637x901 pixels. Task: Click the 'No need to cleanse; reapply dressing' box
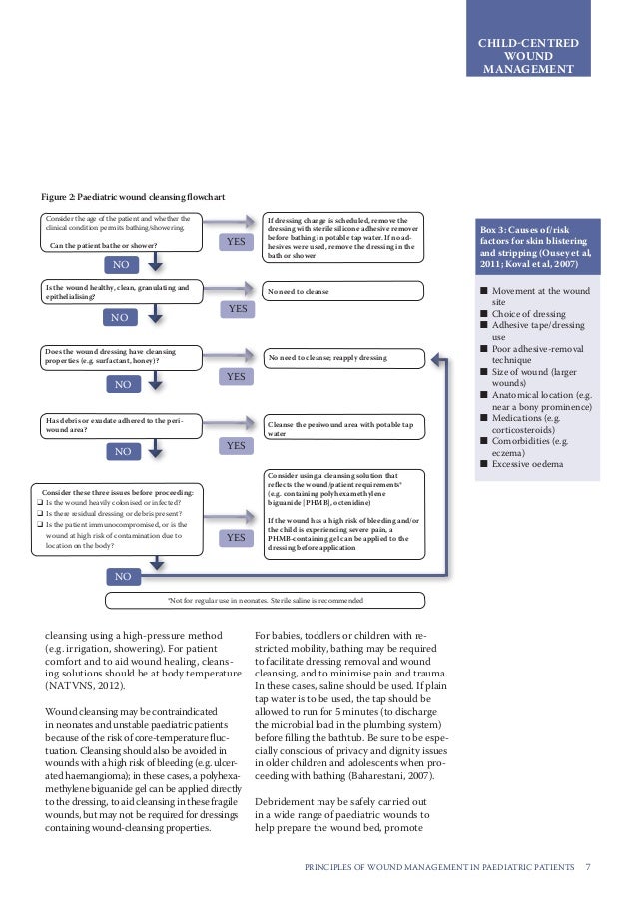point(342,357)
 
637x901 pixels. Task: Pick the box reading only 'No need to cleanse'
point(342,291)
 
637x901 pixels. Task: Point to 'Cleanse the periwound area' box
point(342,429)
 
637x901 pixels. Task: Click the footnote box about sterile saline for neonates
point(265,600)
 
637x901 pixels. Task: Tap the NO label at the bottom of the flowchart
point(123,577)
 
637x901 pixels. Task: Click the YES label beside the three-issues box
point(237,538)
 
